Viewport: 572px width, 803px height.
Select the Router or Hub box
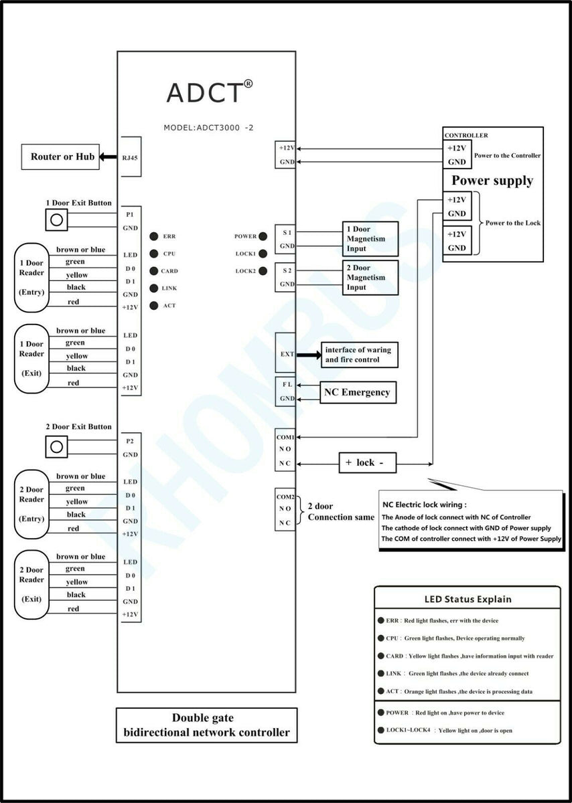coord(62,157)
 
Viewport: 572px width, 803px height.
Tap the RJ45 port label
coord(130,157)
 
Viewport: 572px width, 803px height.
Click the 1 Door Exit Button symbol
coord(57,219)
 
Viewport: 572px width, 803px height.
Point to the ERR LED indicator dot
coord(154,236)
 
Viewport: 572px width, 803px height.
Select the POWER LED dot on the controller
coord(263,236)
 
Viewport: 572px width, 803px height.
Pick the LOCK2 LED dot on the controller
coord(263,271)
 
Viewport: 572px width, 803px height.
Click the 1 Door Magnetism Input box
coord(370,239)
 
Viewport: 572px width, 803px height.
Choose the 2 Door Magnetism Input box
coord(370,277)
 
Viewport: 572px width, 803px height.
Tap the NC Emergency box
coord(357,392)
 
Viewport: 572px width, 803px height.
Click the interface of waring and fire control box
coord(359,355)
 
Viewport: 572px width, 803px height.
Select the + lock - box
coord(366,462)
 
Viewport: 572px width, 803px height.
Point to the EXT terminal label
coord(286,354)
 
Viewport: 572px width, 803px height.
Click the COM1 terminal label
coord(285,437)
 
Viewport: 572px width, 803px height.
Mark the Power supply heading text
coord(492,181)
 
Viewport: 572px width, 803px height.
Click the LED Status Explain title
coord(468,599)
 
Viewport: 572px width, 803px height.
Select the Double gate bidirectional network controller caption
coord(206,725)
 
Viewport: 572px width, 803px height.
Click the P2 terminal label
coord(130,442)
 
